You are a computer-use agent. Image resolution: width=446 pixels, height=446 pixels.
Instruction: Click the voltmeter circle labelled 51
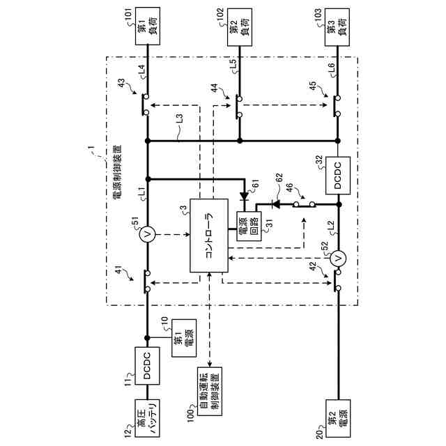coord(147,236)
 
